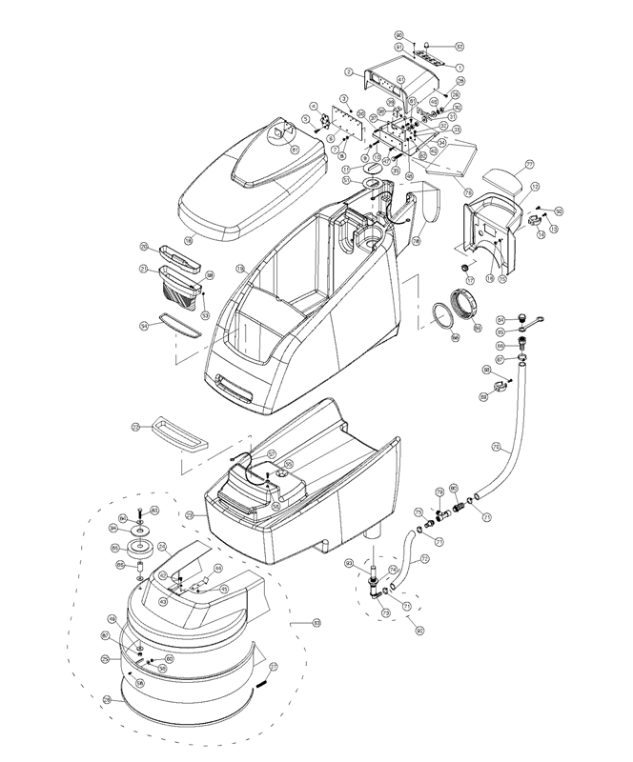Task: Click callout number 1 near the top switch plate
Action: (459, 68)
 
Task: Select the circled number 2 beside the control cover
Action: (350, 71)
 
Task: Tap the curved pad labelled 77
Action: (502, 178)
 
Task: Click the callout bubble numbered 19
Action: (241, 270)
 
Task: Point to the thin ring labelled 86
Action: (441, 314)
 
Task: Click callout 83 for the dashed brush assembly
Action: (305, 624)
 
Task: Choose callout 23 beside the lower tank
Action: (190, 515)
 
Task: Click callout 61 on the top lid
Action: (295, 149)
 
